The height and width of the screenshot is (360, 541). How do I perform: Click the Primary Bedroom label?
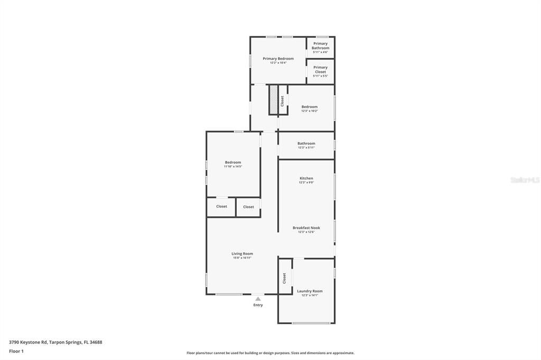coord(278,59)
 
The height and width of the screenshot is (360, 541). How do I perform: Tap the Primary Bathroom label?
coord(320,46)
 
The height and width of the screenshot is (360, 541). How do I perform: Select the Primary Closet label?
coord(320,70)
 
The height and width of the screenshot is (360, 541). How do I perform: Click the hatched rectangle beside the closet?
coord(273,99)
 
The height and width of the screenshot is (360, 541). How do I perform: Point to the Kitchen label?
coord(306,178)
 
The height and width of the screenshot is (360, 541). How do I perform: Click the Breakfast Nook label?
coord(306,228)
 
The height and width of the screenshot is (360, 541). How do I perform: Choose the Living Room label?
coord(242,254)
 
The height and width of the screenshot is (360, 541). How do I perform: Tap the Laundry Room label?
coord(310,291)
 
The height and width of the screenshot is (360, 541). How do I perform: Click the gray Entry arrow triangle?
coord(258,299)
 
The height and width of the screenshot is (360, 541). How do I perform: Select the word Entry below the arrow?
coord(258,305)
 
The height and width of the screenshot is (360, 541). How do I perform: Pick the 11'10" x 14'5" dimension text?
coord(233,167)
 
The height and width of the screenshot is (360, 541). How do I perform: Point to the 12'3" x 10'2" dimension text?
coord(310,111)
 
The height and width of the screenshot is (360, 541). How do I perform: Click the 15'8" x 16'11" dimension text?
coord(242,258)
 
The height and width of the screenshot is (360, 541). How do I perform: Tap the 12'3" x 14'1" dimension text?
coord(310,296)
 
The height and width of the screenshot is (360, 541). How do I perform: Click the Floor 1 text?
coord(16,351)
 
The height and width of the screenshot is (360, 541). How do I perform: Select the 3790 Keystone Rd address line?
coord(55,342)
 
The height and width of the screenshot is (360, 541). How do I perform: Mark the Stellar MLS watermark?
coord(525,180)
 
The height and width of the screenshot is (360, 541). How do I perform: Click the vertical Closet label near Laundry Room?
coord(284,278)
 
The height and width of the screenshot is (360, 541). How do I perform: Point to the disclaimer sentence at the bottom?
coord(270,353)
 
